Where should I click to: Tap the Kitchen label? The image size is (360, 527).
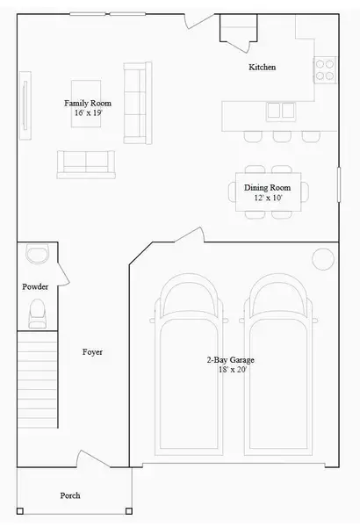263,68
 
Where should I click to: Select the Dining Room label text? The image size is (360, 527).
267,187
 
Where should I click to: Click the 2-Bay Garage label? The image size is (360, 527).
231,360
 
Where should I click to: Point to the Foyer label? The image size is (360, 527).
92,351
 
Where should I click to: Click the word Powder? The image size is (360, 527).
35,286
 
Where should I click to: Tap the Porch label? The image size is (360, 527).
70,495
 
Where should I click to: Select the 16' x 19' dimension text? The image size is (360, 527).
88,113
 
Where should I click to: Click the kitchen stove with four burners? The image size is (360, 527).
326,69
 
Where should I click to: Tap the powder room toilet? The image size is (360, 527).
37,311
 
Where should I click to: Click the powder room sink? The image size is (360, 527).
37,254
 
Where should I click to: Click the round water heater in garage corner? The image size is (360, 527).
323,258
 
